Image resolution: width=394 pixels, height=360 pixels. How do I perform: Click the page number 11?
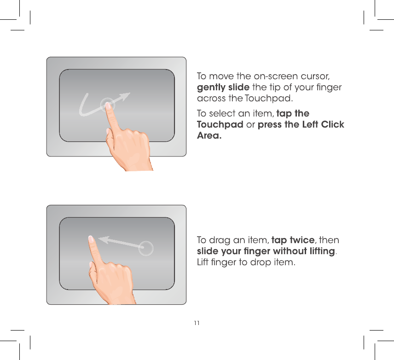[x=197, y=323]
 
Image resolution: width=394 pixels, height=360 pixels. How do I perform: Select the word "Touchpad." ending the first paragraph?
[x=269, y=99]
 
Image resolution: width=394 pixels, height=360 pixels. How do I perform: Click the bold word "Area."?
[x=209, y=135]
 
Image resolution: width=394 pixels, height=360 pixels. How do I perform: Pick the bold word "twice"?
[x=302, y=240]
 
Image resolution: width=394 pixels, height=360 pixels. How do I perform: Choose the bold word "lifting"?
[x=322, y=251]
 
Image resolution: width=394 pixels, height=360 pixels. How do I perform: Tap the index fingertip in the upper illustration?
[x=108, y=106]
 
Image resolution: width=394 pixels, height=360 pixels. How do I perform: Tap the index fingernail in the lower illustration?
[x=91, y=239]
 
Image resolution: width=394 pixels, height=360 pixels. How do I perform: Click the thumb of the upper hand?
[x=109, y=138]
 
